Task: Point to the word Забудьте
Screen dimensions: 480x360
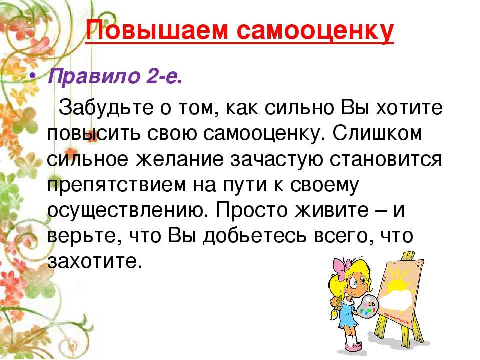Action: click(x=106, y=108)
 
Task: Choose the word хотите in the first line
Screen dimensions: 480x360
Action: click(x=409, y=108)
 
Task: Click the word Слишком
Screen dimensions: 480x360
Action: click(x=378, y=133)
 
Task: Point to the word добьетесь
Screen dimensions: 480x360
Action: click(x=255, y=236)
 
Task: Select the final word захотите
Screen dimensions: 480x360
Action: click(x=95, y=262)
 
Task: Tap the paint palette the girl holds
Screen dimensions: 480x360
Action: click(x=367, y=306)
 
